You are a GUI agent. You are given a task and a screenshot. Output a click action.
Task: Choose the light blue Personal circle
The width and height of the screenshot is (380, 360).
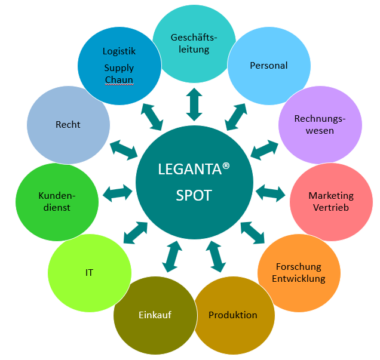coord(268,65)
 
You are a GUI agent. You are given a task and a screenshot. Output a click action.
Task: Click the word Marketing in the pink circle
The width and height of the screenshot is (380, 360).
coord(330,196)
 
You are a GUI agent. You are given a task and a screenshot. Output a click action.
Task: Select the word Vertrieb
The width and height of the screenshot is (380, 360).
coord(330,207)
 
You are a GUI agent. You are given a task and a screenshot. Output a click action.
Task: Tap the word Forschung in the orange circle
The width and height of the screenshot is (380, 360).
coord(298,267)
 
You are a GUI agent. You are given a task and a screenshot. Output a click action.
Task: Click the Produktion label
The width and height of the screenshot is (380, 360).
coord(232,315)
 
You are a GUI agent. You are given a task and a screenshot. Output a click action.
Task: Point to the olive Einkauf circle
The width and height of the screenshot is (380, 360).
coord(155,315)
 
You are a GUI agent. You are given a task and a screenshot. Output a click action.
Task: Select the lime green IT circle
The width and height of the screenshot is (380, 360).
coord(89,273)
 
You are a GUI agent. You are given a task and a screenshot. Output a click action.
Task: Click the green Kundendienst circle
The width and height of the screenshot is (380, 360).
coord(57,202)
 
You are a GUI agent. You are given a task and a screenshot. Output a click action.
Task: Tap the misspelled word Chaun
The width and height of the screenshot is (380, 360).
coord(119,80)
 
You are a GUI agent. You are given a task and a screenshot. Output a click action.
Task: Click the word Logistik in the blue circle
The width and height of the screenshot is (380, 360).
coord(119,52)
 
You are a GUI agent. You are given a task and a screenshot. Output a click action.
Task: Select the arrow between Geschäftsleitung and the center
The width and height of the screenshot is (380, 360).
coord(194,104)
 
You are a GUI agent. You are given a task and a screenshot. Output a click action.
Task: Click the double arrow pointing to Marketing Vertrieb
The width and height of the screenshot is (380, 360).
coord(271,192)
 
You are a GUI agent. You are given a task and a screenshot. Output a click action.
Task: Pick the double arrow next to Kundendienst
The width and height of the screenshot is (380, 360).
coord(118,192)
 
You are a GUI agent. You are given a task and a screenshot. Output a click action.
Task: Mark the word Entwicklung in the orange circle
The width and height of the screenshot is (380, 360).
coord(298,278)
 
